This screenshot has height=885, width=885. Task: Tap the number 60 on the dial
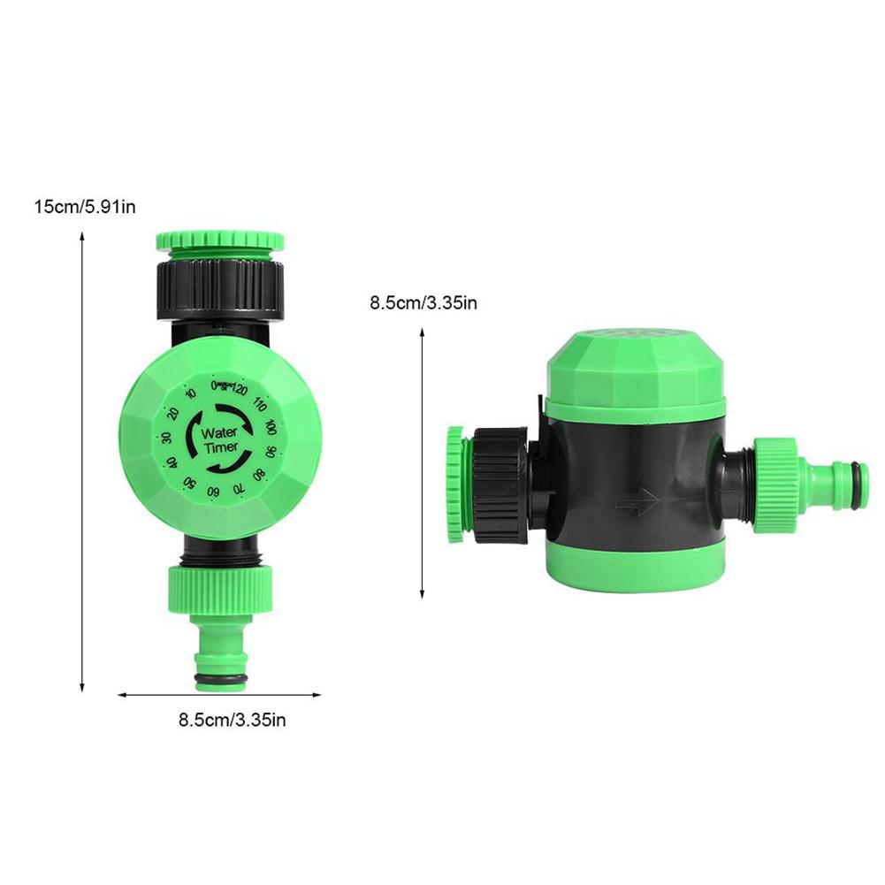click(x=213, y=491)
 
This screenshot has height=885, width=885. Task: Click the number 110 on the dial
click(x=259, y=406)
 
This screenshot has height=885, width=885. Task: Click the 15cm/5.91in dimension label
click(x=84, y=208)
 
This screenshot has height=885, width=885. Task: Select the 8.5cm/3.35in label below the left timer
click(x=232, y=720)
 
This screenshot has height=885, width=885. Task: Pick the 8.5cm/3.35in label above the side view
click(x=423, y=303)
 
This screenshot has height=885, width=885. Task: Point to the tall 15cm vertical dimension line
click(x=82, y=460)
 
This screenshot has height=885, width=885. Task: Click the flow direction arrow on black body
click(x=633, y=508)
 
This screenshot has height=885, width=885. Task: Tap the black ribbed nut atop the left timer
click(x=220, y=283)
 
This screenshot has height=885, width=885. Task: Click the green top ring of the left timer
click(x=220, y=240)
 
